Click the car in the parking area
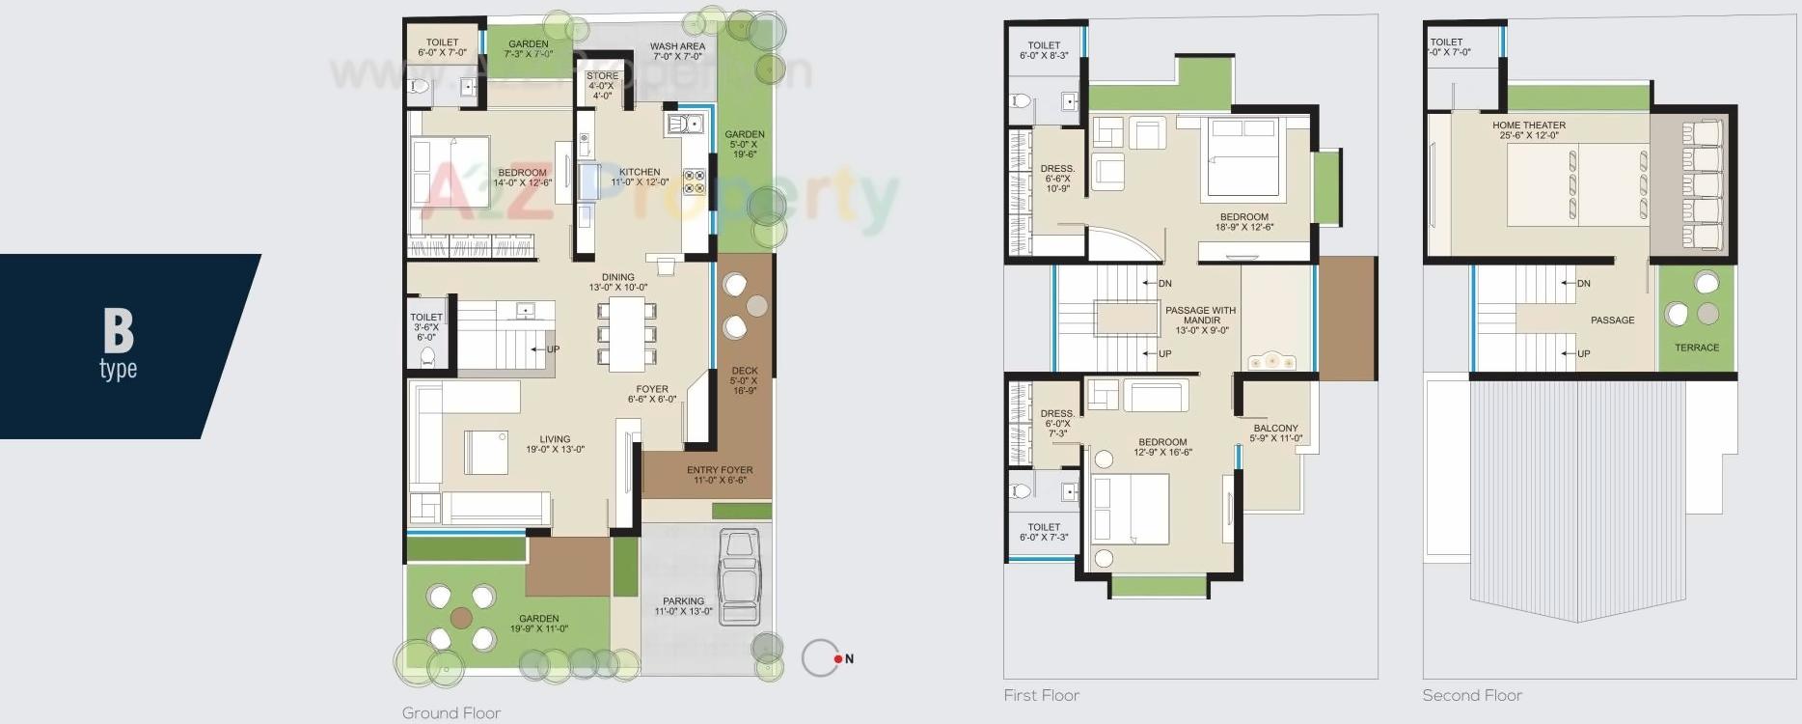pyautogui.click(x=740, y=577)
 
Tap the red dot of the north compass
pyautogui.click(x=838, y=659)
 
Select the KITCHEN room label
pyautogui.click(x=640, y=172)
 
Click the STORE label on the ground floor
pyautogui.click(x=602, y=75)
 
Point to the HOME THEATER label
pyautogui.click(x=1529, y=125)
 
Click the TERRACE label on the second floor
pyautogui.click(x=1696, y=348)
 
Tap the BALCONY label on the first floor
pyautogui.click(x=1275, y=428)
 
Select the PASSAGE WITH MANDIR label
pyautogui.click(x=1201, y=316)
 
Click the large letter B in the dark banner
pyautogui.click(x=118, y=330)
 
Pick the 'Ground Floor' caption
pyautogui.click(x=451, y=713)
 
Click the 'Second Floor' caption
pyautogui.click(x=1471, y=695)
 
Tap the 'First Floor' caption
pyautogui.click(x=1041, y=695)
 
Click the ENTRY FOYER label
pyautogui.click(x=720, y=470)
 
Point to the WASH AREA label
pyautogui.click(x=677, y=46)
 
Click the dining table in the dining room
pyautogui.click(x=627, y=334)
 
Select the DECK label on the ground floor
pyautogui.click(x=744, y=371)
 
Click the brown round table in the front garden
pyautogui.click(x=461, y=618)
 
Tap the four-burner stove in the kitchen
pyautogui.click(x=695, y=181)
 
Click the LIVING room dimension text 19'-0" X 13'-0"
pyautogui.click(x=555, y=450)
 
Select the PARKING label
pyautogui.click(x=683, y=600)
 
